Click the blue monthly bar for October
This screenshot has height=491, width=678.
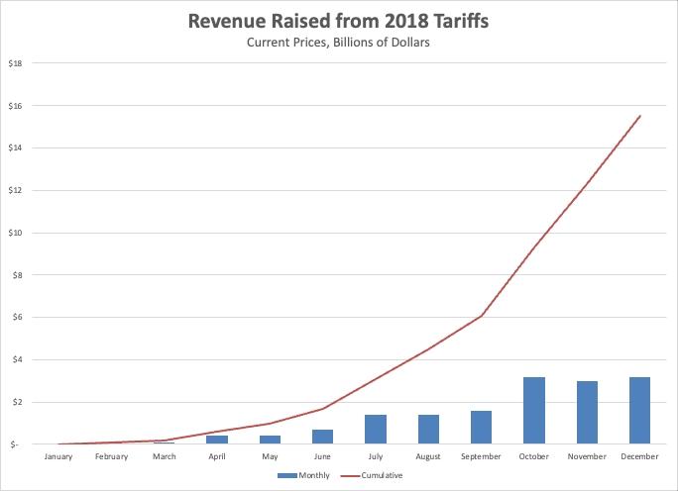click(534, 411)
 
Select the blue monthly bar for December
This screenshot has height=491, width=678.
click(639, 411)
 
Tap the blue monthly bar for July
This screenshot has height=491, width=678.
click(376, 430)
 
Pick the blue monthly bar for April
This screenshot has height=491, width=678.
click(218, 440)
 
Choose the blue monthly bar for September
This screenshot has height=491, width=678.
click(482, 428)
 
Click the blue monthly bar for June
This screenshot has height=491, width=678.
click(323, 437)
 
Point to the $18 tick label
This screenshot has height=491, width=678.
click(17, 62)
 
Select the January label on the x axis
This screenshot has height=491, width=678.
click(59, 456)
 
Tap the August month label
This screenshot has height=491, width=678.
click(428, 456)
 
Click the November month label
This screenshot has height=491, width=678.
click(587, 456)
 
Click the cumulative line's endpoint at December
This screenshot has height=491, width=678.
click(640, 116)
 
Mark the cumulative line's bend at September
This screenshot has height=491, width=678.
click(482, 316)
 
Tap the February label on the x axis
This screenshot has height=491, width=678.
click(112, 456)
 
